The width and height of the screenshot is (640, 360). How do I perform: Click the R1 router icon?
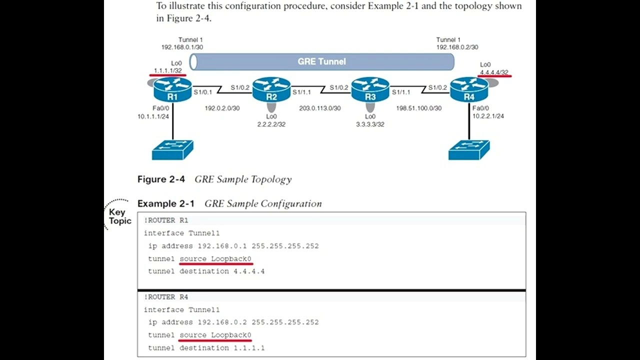tap(172, 90)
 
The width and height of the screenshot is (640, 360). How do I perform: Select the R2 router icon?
tap(271, 90)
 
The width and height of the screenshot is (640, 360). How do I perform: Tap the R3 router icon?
tap(370, 90)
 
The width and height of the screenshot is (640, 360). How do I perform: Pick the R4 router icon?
tap(468, 90)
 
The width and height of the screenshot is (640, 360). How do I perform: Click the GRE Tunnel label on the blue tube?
tap(321, 61)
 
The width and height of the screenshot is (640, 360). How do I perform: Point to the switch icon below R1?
tap(172, 149)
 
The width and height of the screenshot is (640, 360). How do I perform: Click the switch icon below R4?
tap(469, 149)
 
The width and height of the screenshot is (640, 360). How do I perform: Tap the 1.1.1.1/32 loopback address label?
tap(168, 71)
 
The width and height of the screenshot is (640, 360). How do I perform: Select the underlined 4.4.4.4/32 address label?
tap(494, 72)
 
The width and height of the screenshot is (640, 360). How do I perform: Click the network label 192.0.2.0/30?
tap(222, 108)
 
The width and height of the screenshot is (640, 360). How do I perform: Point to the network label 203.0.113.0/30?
tap(320, 108)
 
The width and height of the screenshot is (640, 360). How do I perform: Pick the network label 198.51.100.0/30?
tap(418, 108)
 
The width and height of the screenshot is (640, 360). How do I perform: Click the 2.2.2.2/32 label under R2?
tap(271, 124)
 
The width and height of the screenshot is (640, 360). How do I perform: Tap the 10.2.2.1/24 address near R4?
tap(488, 116)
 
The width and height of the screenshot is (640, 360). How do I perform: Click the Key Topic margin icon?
tap(119, 216)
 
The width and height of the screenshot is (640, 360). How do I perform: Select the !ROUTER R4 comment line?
tap(166, 297)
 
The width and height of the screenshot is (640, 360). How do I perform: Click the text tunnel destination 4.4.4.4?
tap(206, 271)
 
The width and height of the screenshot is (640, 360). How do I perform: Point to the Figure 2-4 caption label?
tap(161, 179)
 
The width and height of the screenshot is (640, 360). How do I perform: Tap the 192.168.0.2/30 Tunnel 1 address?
tap(457, 47)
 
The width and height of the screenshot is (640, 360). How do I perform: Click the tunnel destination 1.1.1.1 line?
tap(206, 347)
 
